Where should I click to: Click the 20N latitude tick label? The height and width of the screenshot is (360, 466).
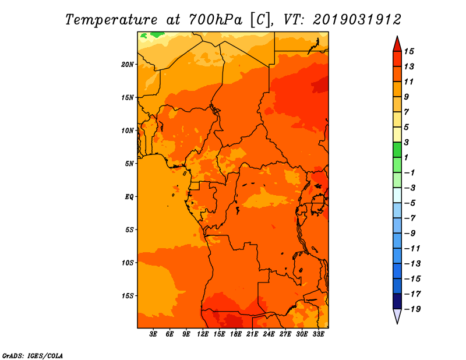pos(128,65)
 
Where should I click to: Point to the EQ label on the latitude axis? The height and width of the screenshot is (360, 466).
pos(129,197)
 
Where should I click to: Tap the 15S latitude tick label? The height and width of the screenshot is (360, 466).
pos(128,296)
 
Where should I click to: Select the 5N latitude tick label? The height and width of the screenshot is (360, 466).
pos(129,164)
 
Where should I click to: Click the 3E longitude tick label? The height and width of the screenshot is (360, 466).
pos(153,334)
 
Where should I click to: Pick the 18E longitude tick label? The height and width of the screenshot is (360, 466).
pos(236,334)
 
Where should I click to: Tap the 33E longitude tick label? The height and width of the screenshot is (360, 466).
pos(318,334)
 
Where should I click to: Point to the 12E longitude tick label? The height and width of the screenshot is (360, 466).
pos(203,334)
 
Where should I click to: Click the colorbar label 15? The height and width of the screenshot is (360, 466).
pos(409,51)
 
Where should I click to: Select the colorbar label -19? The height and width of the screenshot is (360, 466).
pos(412,309)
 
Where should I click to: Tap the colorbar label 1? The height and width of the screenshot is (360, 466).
pos(406,157)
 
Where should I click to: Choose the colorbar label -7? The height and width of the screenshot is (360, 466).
pos(410,218)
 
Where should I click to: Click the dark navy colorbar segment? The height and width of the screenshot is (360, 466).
pos(397,301)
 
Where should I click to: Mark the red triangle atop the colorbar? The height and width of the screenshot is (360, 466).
pos(397,45)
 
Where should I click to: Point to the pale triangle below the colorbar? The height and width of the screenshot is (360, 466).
pos(397,316)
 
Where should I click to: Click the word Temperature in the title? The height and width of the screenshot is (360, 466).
pos(111,20)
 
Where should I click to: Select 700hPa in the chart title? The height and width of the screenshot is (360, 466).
pos(216,20)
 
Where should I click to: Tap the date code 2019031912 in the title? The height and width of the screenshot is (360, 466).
pos(357,20)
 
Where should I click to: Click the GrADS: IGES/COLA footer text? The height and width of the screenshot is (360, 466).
pos(33,356)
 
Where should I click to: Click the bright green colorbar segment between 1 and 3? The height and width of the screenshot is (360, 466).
pos(397,150)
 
